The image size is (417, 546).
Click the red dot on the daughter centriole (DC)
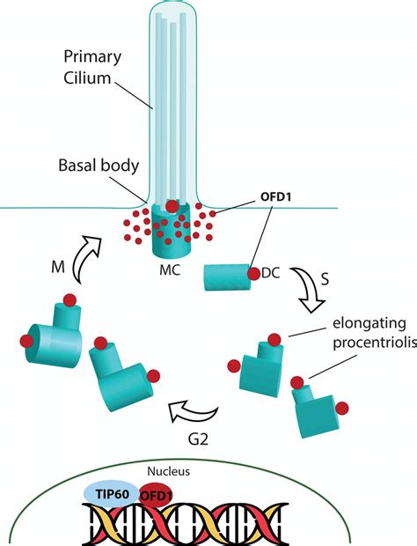click(254, 274)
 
